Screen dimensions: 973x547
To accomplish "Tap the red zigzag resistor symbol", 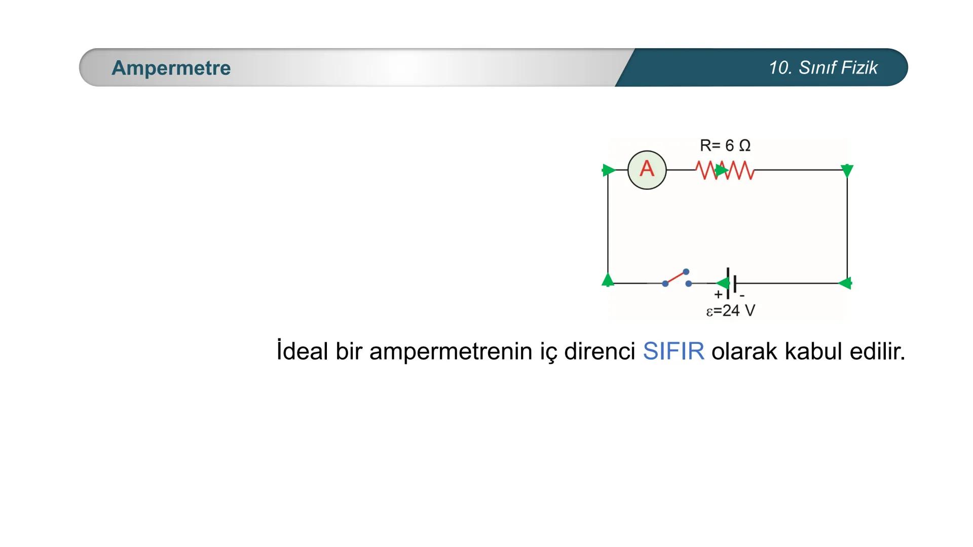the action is (x=725, y=170).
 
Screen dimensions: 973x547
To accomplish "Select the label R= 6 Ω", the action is (x=725, y=145).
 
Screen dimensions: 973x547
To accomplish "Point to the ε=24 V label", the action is (x=731, y=310).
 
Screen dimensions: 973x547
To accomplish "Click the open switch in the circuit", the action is (x=677, y=278).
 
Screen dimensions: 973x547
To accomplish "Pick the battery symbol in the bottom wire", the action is (x=731, y=283).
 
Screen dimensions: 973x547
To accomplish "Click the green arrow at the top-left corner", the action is (x=609, y=170).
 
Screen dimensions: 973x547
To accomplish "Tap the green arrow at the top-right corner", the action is (x=847, y=171).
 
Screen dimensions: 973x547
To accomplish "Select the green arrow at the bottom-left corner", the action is (x=608, y=280).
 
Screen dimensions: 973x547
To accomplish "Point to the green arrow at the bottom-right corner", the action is (x=845, y=283).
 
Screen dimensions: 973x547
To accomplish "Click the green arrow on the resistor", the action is (x=722, y=170).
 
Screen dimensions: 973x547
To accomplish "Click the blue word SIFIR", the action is (x=673, y=351).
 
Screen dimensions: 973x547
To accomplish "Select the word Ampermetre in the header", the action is (x=171, y=68).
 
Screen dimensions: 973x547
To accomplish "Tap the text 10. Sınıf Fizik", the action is (x=823, y=68).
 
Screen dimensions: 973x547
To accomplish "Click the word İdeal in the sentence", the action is (x=303, y=350).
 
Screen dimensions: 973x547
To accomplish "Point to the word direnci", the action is (x=600, y=351).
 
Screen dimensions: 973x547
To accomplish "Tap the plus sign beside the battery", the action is (x=718, y=294).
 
